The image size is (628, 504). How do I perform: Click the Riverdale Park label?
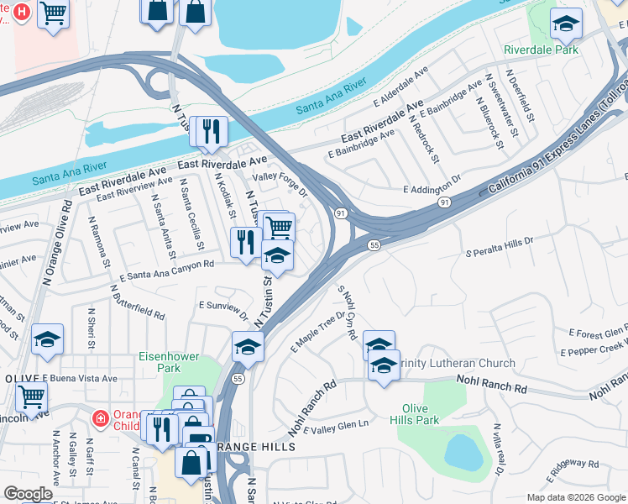coord(542,50)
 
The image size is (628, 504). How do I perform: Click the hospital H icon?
coord(23,12)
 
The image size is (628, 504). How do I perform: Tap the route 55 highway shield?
coord(374,244)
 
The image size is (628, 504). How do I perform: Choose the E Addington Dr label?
coord(432,186)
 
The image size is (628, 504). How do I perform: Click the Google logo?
coord(29,494)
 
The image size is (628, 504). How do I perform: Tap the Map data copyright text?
coord(574,497)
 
